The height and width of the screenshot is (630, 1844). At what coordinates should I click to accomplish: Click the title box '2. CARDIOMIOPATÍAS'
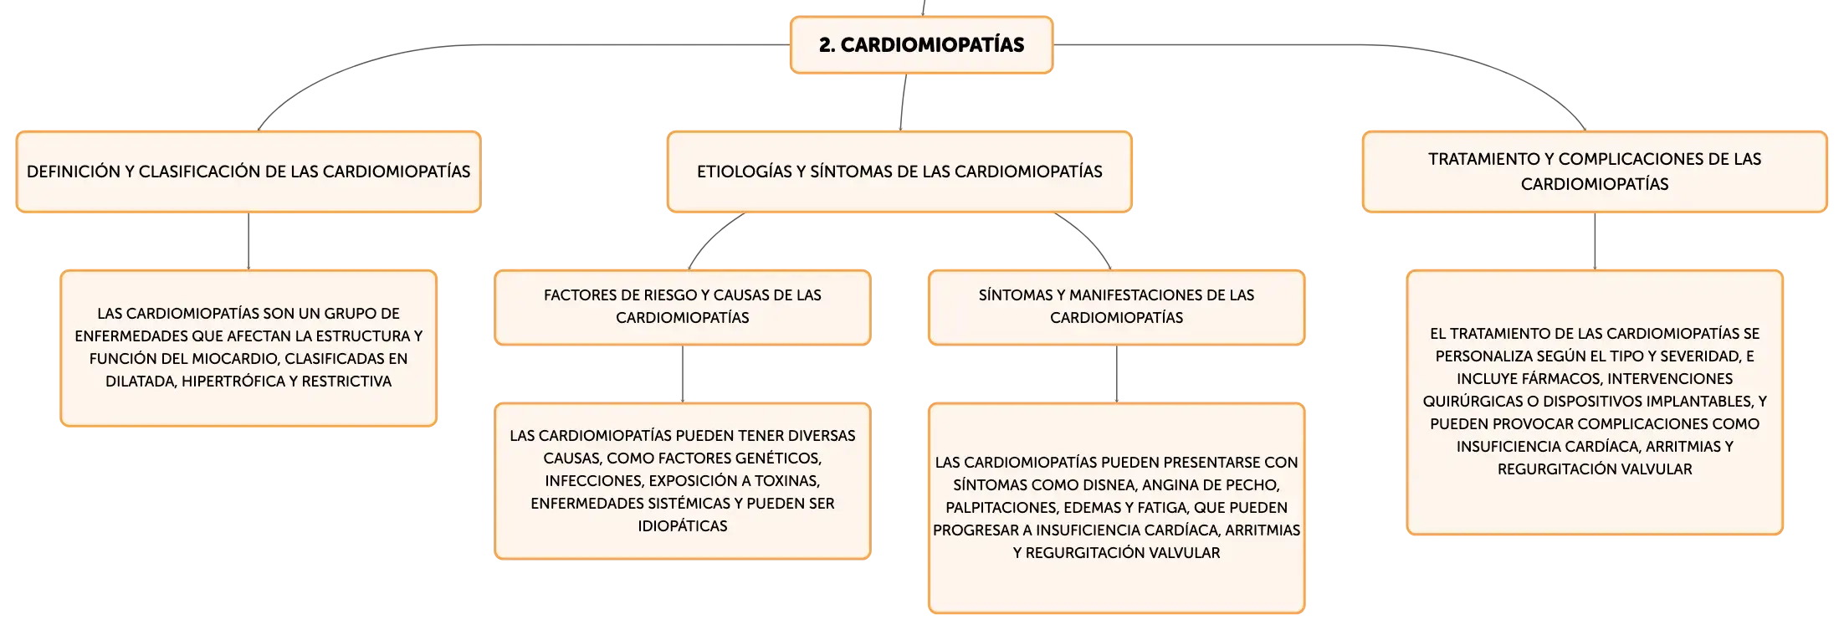click(921, 45)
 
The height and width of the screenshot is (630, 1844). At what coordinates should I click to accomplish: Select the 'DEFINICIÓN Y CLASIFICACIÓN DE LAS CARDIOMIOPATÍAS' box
click(248, 172)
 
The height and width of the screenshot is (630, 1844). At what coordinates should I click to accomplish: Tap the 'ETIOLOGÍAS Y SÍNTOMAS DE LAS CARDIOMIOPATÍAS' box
click(899, 172)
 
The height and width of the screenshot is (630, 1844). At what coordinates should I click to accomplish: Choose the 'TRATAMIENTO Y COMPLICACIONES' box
click(1595, 172)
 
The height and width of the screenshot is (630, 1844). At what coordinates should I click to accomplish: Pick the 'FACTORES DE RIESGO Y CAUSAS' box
click(683, 307)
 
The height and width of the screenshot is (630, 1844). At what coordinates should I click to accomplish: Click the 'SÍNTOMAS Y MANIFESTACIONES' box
click(1116, 307)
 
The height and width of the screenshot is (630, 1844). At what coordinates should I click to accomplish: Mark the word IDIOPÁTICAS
click(683, 526)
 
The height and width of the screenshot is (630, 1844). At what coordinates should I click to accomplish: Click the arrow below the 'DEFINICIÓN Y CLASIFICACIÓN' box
click(248, 241)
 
